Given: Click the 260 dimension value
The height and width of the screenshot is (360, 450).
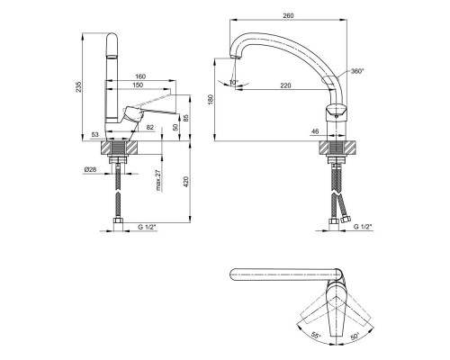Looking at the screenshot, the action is click(288, 16).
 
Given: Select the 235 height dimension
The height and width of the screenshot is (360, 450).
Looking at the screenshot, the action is click(78, 86).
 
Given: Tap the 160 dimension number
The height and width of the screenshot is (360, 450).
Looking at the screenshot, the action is click(140, 76).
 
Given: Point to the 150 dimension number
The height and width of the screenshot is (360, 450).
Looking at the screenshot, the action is click(138, 85).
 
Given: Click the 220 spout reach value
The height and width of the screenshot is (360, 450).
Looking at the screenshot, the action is click(285, 85).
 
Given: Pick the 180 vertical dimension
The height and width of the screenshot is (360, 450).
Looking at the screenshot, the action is click(211, 100).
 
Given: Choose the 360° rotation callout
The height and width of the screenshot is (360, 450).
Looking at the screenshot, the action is click(357, 71).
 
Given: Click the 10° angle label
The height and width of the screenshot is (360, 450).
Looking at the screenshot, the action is click(234, 82).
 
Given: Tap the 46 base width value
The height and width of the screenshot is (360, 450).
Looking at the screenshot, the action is click(315, 131).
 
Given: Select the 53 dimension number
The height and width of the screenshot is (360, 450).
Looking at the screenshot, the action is click(94, 135).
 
